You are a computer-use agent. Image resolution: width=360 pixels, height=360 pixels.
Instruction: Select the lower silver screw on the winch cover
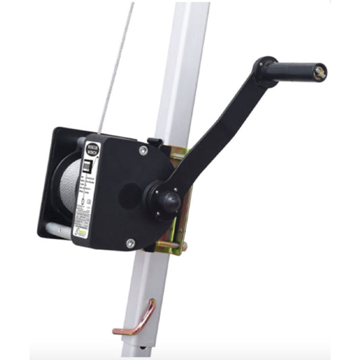[x=130, y=241]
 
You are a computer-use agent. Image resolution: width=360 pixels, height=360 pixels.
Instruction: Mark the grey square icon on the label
[x=86, y=166]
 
